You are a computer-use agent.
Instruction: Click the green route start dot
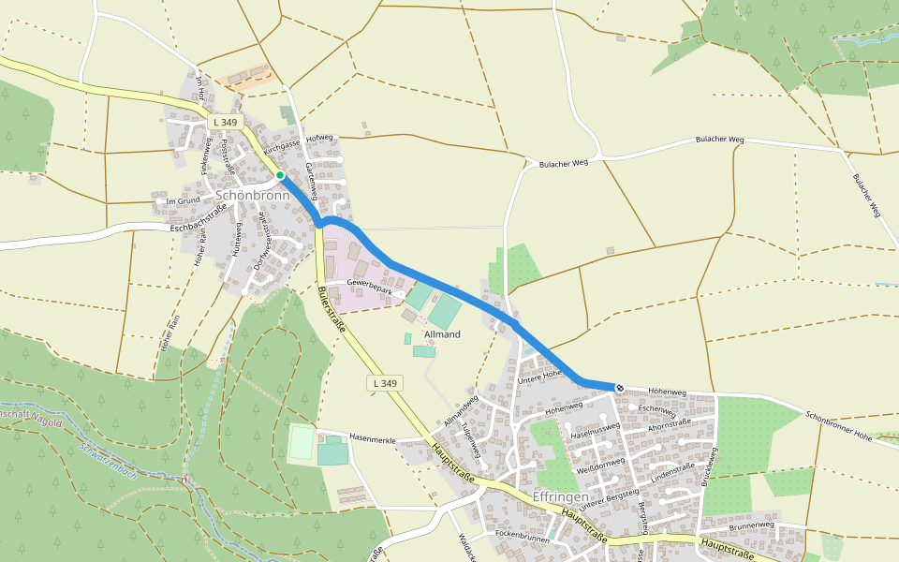[280, 175]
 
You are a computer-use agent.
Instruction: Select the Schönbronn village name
[252, 196]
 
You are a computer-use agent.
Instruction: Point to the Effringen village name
[559, 495]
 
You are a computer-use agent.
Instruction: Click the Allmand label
[441, 333]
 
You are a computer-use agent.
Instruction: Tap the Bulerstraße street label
[332, 309]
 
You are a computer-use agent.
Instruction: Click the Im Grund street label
[183, 200]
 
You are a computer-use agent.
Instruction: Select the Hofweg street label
[319, 138]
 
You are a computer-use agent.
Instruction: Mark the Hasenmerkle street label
[372, 438]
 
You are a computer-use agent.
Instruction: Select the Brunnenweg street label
[752, 526]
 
